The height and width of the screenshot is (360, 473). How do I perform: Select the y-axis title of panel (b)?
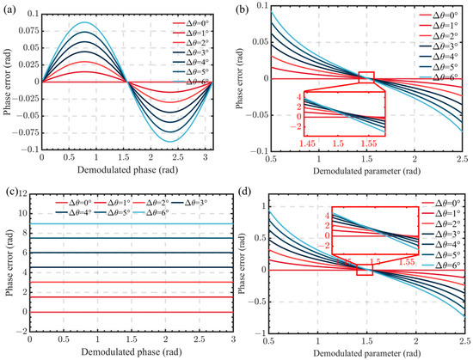pyautogui.click(x=250, y=79)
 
